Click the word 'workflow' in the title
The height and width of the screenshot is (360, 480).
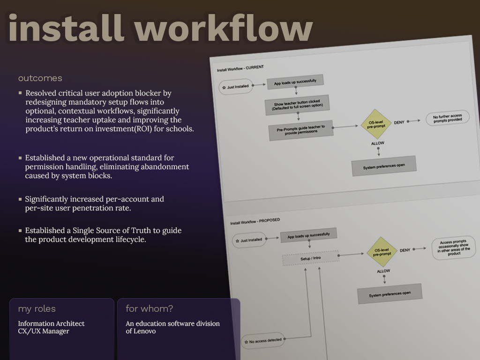point(224,29)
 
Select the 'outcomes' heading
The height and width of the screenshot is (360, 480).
point(40,78)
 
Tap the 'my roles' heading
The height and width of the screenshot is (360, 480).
point(37,309)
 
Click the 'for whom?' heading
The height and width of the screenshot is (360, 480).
point(149,309)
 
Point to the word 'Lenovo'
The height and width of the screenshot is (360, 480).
point(145,331)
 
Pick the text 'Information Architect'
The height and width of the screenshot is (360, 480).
point(51,324)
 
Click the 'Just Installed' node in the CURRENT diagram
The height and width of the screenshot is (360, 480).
point(236,87)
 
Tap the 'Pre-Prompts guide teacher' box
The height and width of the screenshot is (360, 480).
point(300,129)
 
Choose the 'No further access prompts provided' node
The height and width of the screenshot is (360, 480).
point(447,118)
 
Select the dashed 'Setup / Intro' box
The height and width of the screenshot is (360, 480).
point(310,258)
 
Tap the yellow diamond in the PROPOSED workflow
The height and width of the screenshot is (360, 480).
point(382,252)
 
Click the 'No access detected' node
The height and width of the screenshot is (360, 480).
point(262,341)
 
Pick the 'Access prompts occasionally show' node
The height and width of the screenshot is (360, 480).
point(454,247)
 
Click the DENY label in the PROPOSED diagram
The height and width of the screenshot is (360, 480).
point(405,250)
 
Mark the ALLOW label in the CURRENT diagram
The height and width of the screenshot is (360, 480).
point(378,143)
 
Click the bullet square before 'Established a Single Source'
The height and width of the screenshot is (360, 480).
point(20,231)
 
